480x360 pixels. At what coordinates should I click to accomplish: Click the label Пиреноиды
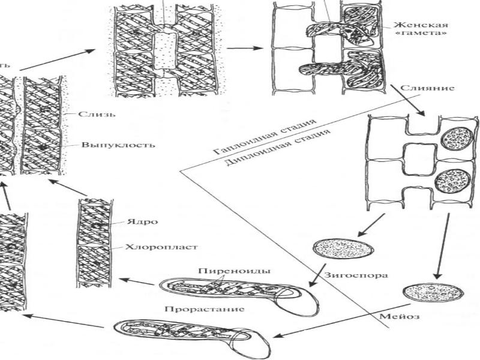pyautogui.click(x=223, y=271)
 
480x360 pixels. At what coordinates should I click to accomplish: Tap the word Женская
pyautogui.click(x=413, y=25)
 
